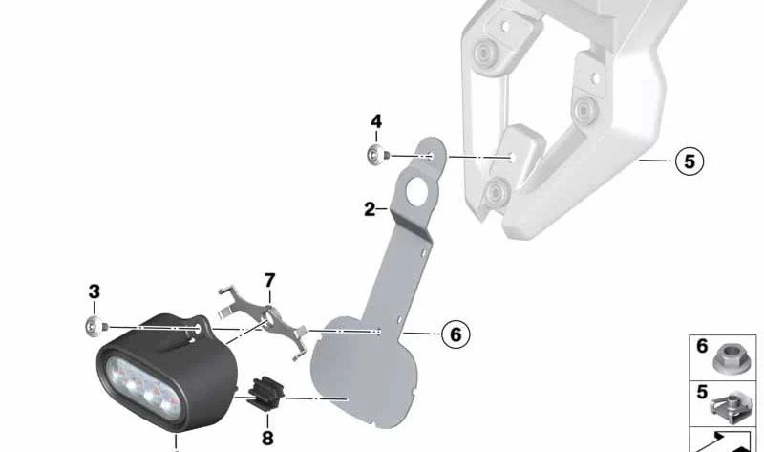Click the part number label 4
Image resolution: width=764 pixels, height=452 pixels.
376,122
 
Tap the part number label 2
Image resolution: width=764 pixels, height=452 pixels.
370,209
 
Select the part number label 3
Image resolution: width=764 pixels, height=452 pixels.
94,291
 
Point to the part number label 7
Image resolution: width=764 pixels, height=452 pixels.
269,280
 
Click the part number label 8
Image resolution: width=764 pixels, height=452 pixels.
267,438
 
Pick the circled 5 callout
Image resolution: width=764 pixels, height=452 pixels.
690,161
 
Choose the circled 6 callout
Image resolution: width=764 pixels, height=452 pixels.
456,334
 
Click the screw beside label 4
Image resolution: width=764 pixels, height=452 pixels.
377,155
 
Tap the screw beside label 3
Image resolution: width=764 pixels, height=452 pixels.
95,326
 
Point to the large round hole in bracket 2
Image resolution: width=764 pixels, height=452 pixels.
416,190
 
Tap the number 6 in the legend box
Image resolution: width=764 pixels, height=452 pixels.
702,346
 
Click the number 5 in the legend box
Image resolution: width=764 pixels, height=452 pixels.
702,393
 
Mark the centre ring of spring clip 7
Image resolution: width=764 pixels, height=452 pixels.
270,316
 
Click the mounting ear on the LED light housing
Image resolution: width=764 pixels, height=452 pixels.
200,327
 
